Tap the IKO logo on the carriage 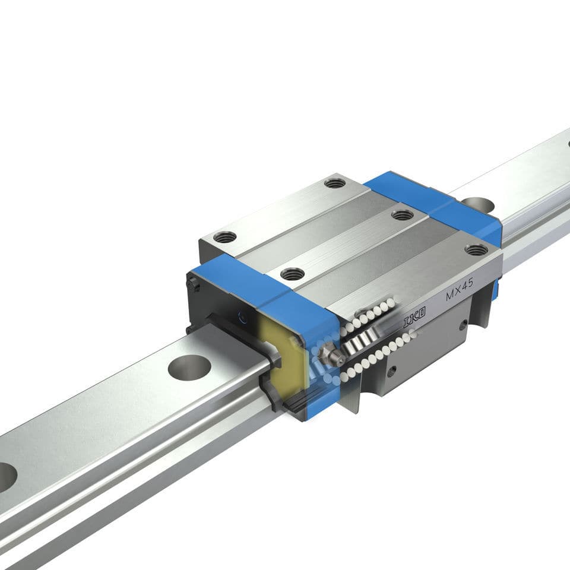pyautogui.click(x=414, y=320)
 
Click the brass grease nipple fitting pyautogui.click(x=330, y=355)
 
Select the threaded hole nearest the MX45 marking pyautogui.click(x=476, y=250)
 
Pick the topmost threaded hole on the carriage pyautogui.click(x=335, y=183)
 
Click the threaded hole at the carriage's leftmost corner pyautogui.click(x=224, y=237)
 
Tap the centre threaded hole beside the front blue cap pyautogui.click(x=292, y=274)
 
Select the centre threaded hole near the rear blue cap pyautogui.click(x=403, y=214)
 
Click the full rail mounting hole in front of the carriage pyautogui.click(x=189, y=367)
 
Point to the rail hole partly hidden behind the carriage pyautogui.click(x=478, y=205)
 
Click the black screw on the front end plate pyautogui.click(x=197, y=286)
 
